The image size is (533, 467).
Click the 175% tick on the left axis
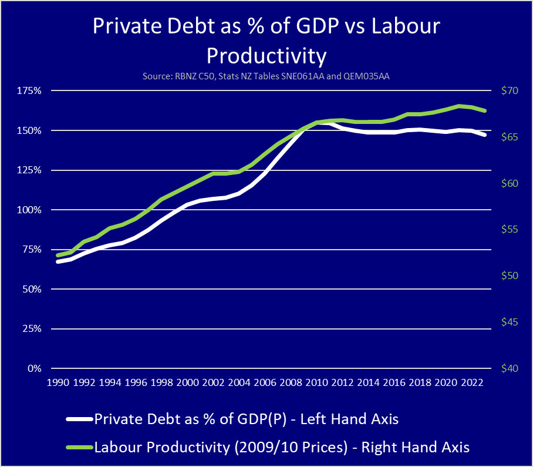[x=29, y=91]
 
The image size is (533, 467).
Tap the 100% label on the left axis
[x=29, y=210]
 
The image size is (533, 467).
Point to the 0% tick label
[x=35, y=368]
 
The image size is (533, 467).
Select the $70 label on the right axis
[x=510, y=90]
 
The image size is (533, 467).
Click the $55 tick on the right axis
[x=510, y=229]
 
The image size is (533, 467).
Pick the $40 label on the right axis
[x=510, y=368]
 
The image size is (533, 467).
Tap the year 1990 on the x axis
[x=58, y=382]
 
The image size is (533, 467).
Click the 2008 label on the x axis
[x=291, y=382]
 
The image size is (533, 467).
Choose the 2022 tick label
[x=471, y=382]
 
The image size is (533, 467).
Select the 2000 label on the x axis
[x=187, y=382]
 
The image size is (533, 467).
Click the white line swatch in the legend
[x=80, y=419]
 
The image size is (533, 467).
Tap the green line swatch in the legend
[x=80, y=447]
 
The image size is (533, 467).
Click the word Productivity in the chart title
[x=266, y=56]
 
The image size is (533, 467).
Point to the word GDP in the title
[x=318, y=26]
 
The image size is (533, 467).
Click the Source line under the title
[x=266, y=76]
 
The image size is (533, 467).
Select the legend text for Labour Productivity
[x=282, y=447]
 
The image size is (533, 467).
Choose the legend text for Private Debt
[x=247, y=419]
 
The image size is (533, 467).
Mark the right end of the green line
[x=485, y=110]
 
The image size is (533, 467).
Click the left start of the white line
[x=58, y=261]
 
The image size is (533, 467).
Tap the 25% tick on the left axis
[x=32, y=328]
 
